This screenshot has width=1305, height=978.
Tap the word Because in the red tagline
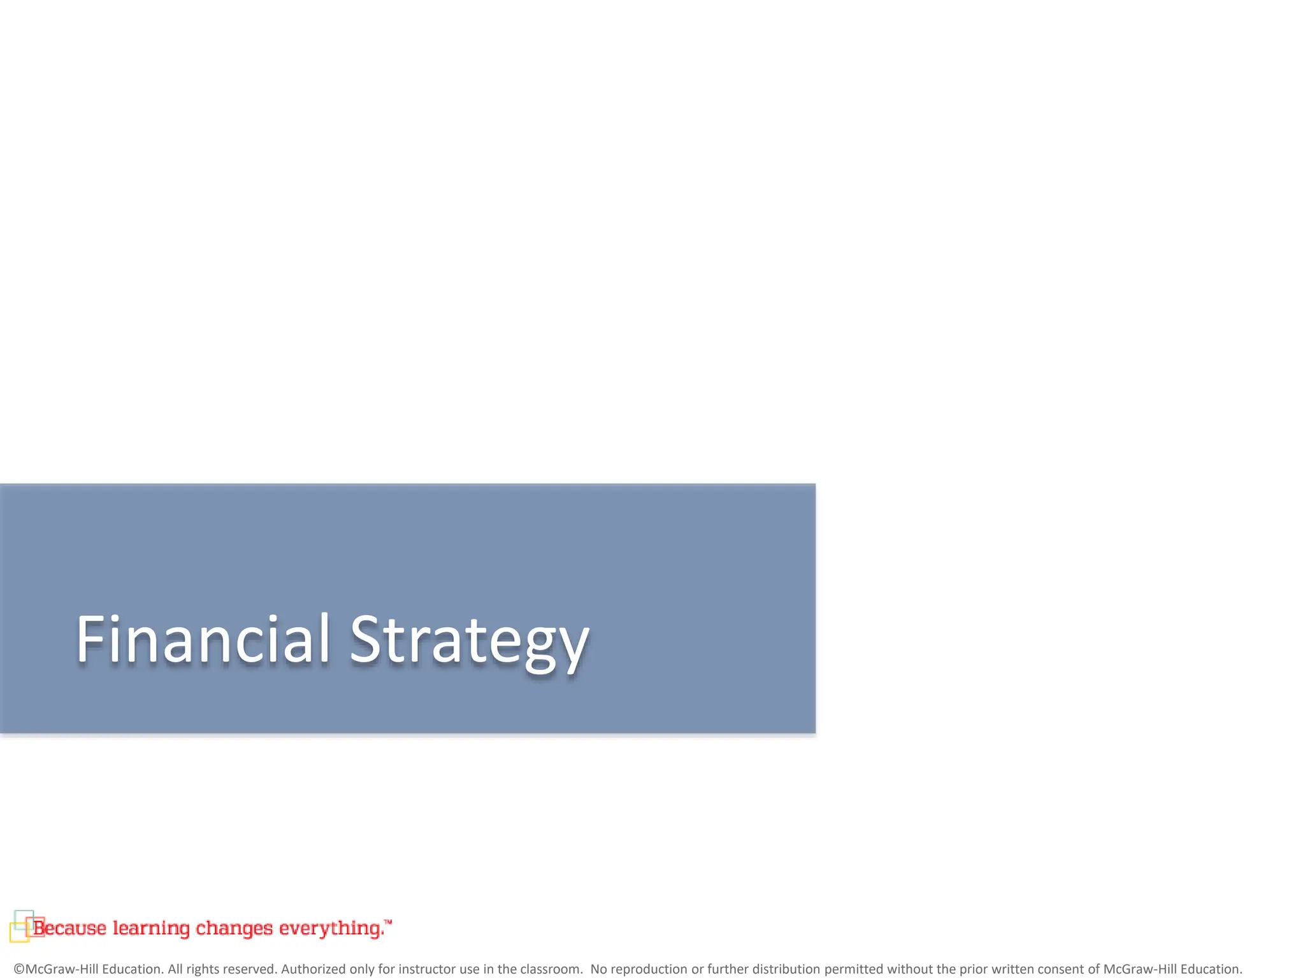pos(70,928)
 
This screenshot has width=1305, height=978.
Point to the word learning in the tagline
pos(151,928)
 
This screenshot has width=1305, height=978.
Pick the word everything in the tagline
pos(331,928)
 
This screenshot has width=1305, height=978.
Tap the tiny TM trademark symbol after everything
pos(389,921)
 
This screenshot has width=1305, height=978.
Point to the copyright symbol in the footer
pos(19,969)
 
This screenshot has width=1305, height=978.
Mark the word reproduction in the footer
pos(649,969)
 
